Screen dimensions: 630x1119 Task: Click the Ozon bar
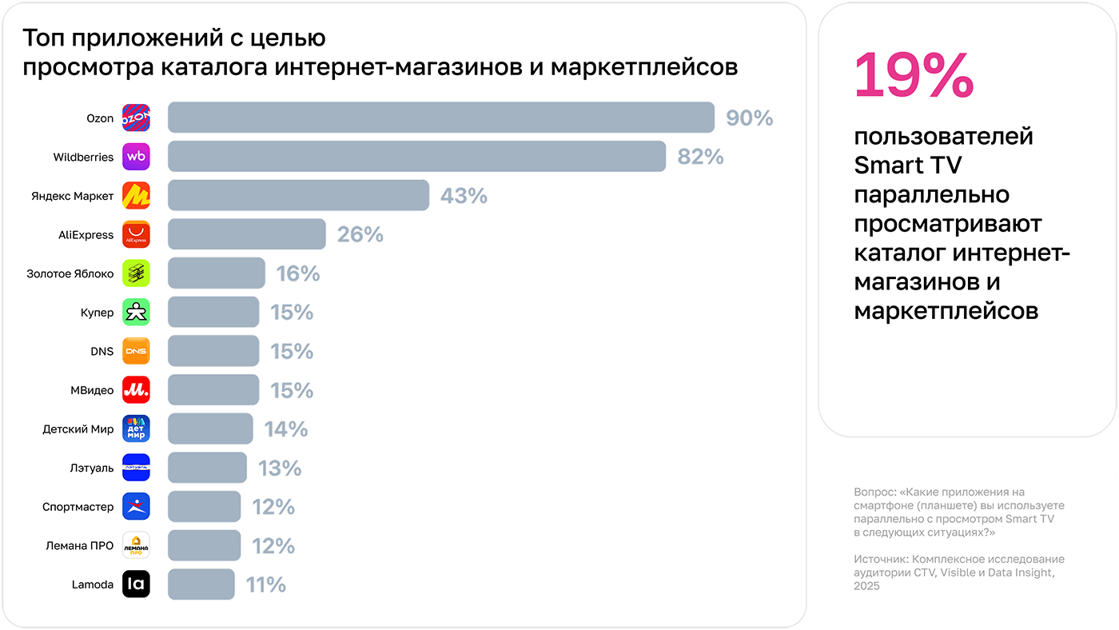coord(440,118)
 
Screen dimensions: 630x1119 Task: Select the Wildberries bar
coord(416,157)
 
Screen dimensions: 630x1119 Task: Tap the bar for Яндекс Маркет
coord(298,195)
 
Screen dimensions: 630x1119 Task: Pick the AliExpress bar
coord(246,234)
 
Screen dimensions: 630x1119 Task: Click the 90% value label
coord(749,118)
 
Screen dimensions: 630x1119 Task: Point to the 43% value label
coord(464,196)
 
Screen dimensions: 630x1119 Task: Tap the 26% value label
coord(360,235)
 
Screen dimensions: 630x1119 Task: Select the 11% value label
coord(265,585)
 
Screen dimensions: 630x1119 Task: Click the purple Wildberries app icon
coord(136,157)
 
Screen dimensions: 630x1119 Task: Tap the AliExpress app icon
coord(136,234)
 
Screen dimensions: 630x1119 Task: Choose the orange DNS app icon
coord(136,351)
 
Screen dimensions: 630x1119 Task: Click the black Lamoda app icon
coord(136,584)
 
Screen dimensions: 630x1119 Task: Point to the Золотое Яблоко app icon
coord(136,273)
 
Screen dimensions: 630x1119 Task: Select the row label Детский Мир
coord(78,429)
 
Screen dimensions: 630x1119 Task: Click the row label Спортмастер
coord(78,507)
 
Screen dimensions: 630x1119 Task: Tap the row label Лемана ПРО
coord(80,546)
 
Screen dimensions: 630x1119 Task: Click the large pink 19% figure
coord(914,75)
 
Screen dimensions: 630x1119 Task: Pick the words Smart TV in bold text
coord(908,165)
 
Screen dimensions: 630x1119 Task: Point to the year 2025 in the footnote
coord(866,586)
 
